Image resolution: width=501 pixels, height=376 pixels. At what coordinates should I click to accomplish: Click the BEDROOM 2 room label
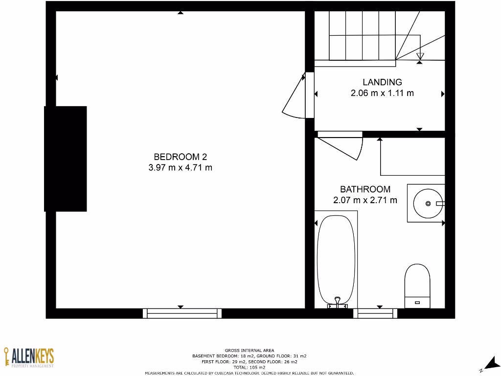(x=180, y=157)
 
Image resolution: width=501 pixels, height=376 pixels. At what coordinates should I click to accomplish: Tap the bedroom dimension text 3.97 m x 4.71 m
(x=180, y=168)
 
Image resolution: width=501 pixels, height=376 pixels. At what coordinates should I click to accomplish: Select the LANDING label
(x=382, y=82)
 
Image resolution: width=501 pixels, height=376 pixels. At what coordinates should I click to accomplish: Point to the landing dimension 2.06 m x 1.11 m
(x=382, y=93)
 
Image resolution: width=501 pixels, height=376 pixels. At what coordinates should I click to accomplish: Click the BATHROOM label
(x=365, y=189)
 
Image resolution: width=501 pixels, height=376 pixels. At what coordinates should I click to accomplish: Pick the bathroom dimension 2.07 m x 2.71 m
(x=365, y=200)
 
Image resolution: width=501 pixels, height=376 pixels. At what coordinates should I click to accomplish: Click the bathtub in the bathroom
(x=336, y=259)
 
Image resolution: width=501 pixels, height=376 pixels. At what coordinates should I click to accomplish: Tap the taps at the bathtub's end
(x=337, y=303)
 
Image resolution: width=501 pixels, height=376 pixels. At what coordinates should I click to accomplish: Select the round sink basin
(x=427, y=203)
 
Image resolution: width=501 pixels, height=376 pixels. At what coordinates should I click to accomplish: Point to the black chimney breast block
(x=66, y=159)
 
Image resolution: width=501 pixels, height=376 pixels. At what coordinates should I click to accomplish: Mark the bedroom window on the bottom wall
(x=182, y=313)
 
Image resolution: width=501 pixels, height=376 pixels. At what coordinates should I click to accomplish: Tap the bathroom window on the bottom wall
(x=375, y=313)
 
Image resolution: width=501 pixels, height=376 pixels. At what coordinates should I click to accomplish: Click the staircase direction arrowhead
(x=420, y=55)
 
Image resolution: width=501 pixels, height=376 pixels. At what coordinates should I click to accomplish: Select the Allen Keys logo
(x=29, y=357)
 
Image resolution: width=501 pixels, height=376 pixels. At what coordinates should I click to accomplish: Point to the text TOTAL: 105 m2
(x=250, y=367)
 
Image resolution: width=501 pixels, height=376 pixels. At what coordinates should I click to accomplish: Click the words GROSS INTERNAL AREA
(x=250, y=350)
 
